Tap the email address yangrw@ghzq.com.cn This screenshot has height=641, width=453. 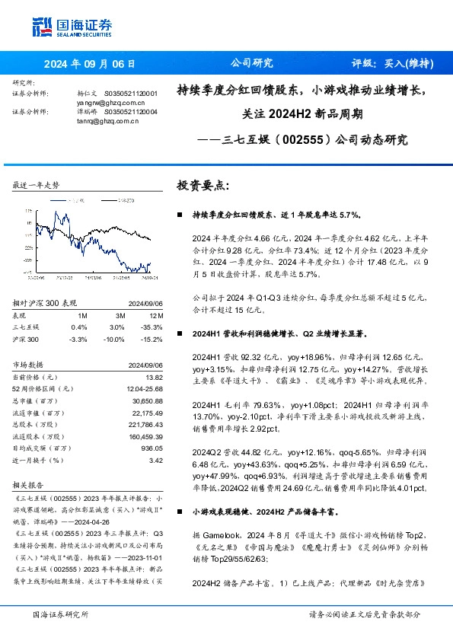(x=110, y=101)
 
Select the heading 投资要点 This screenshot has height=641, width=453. (x=203, y=186)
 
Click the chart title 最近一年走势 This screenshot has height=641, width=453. (x=37, y=186)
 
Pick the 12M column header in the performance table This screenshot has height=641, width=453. (x=156, y=315)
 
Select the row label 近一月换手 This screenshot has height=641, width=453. (x=32, y=460)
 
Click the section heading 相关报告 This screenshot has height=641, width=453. (x=27, y=484)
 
